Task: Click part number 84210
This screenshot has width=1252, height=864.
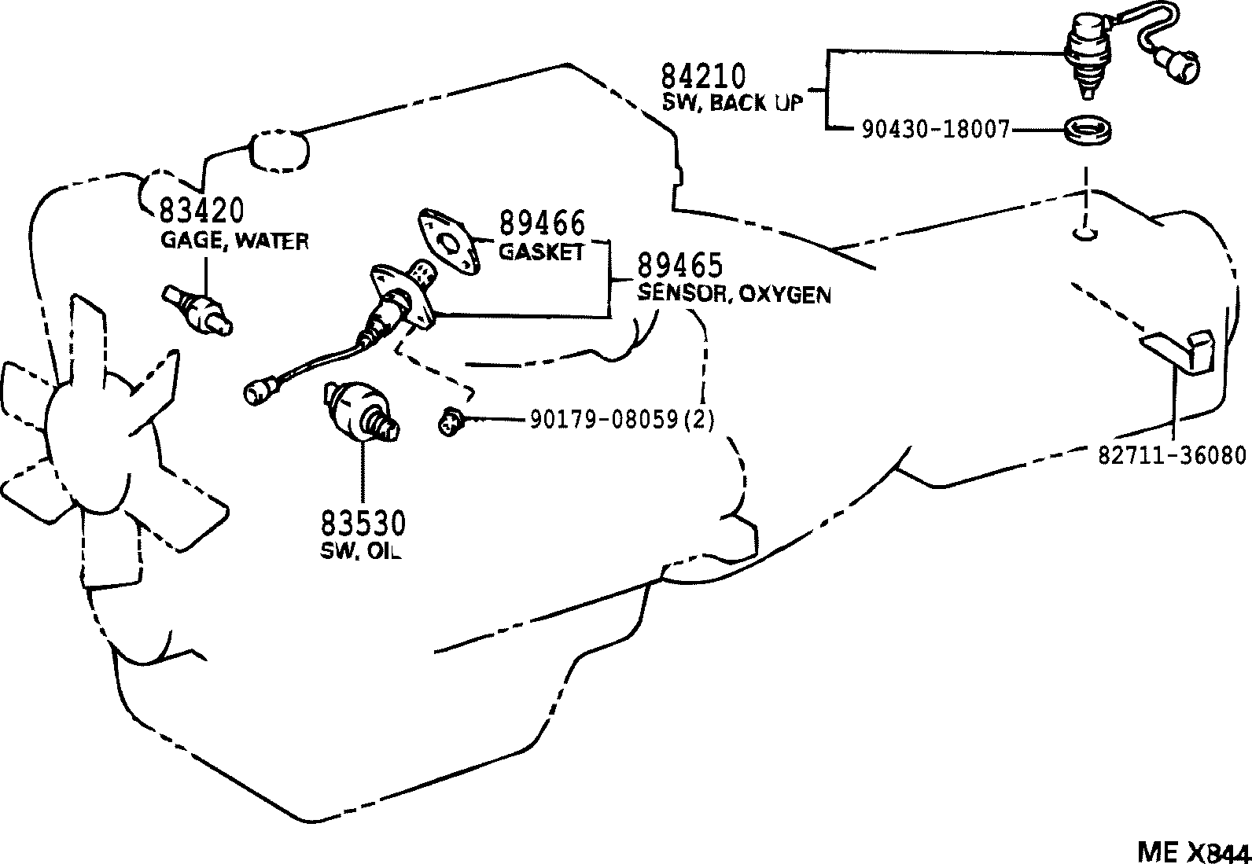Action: (x=701, y=76)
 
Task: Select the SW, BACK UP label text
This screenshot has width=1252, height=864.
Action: (x=731, y=103)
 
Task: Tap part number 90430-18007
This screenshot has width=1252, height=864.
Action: (x=934, y=130)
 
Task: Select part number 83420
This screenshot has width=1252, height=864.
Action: (x=201, y=211)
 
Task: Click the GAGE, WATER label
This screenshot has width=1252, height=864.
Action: (x=234, y=241)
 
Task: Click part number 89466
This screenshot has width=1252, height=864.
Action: (x=543, y=224)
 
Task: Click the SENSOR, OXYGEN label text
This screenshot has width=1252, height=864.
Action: (x=733, y=294)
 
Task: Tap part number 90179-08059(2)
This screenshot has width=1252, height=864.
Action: (x=621, y=420)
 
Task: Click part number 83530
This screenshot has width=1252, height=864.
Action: (x=363, y=523)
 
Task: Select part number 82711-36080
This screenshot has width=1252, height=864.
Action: (x=1172, y=455)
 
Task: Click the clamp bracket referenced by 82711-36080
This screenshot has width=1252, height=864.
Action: (x=1180, y=351)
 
